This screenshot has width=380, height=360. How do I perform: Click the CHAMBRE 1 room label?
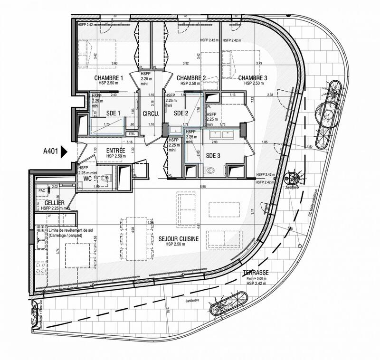109,78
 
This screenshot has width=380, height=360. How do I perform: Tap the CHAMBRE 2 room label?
191,78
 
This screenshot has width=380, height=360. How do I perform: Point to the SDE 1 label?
113,113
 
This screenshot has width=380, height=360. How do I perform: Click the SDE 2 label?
181,113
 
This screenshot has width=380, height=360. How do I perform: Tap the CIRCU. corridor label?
151,113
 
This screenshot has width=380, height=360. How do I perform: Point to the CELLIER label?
48,203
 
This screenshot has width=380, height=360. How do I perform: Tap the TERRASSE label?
256,273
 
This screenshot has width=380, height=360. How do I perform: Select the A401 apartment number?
51,152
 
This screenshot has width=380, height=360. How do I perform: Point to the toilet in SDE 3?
210,170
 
